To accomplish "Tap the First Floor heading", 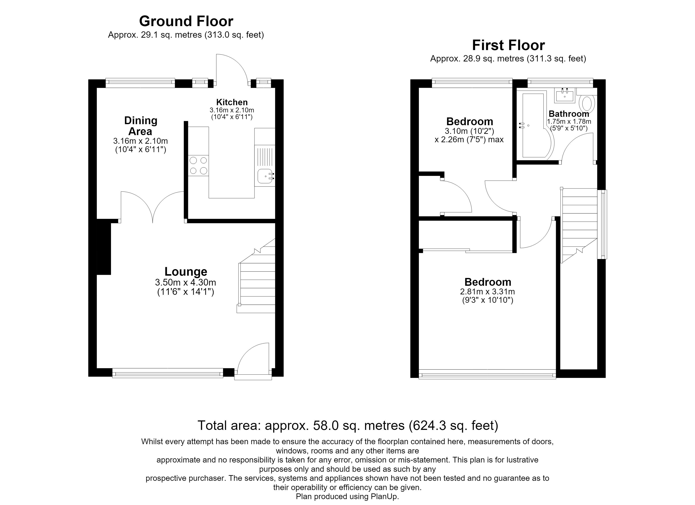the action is pyautogui.click(x=508, y=45).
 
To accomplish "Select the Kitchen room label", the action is pyautogui.click(x=232, y=102).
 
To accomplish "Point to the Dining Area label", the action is pyautogui.click(x=141, y=126).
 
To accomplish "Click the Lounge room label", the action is pyautogui.click(x=186, y=272).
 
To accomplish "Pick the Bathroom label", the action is pyautogui.click(x=569, y=114).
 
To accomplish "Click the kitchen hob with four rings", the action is pyautogui.click(x=198, y=165).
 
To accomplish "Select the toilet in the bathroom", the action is pyautogui.click(x=587, y=103).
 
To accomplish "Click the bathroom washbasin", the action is pyautogui.click(x=564, y=95).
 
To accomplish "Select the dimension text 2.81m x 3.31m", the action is pyautogui.click(x=488, y=292).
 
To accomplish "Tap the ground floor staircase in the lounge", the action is pyautogui.click(x=257, y=276).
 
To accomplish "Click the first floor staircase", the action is pyautogui.click(x=579, y=225).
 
